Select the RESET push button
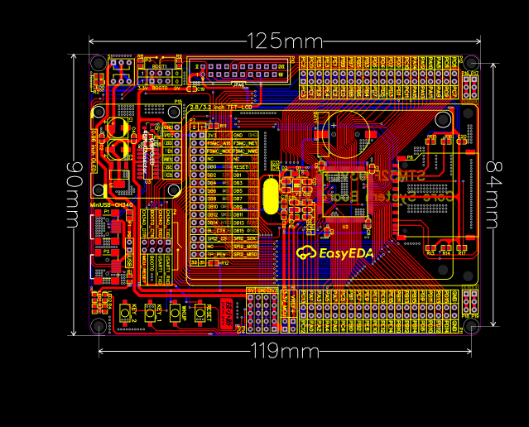coord(200,314)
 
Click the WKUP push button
coord(176,314)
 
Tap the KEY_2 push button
coord(126,314)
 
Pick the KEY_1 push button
coord(151,314)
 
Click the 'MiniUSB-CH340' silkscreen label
coord(112,204)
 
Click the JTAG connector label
coord(238,84)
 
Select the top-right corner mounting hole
coord(471,63)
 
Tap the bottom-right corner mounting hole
coord(471,325)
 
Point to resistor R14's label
coord(445,253)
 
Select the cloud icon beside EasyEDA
coord(306,253)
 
